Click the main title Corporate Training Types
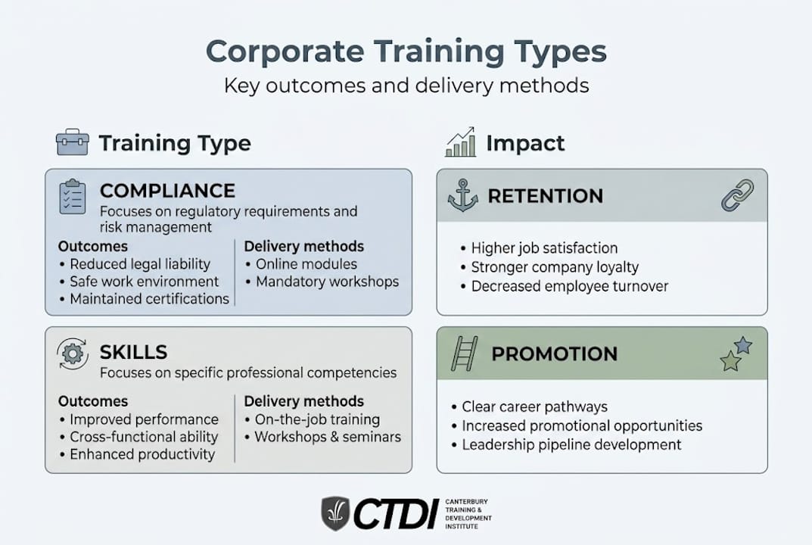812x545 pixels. [x=406, y=52]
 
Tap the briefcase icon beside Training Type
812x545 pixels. [x=73, y=142]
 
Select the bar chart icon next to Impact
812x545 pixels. [x=460, y=142]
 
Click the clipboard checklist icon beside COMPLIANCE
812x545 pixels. [x=73, y=197]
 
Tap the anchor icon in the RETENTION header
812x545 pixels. [x=462, y=195]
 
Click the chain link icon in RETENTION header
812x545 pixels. [x=736, y=195]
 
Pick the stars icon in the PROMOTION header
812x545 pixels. [x=736, y=353]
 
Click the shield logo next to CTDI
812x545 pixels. [x=335, y=513]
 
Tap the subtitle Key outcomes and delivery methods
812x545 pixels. [x=406, y=85]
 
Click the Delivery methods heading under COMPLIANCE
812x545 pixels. [x=303, y=246]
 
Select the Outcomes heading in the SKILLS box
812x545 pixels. [x=93, y=401]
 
